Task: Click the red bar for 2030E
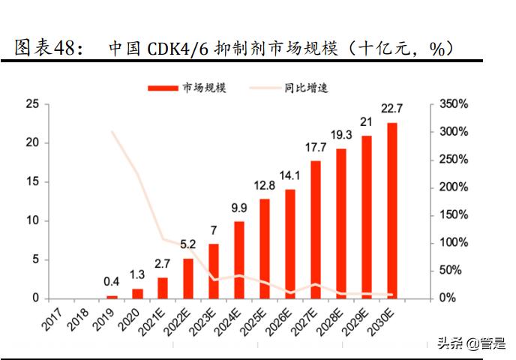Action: coord(392,210)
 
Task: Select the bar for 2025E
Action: coord(265,248)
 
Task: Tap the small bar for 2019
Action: coord(112,296)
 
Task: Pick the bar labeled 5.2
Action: coord(188,278)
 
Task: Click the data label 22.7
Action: coord(392,110)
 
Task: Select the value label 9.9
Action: coord(239,208)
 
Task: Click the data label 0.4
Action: coord(112,282)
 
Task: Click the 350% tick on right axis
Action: coord(453,104)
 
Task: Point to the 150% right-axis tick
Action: coord(453,215)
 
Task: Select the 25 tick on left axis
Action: coord(32,104)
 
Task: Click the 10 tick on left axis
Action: coord(32,220)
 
